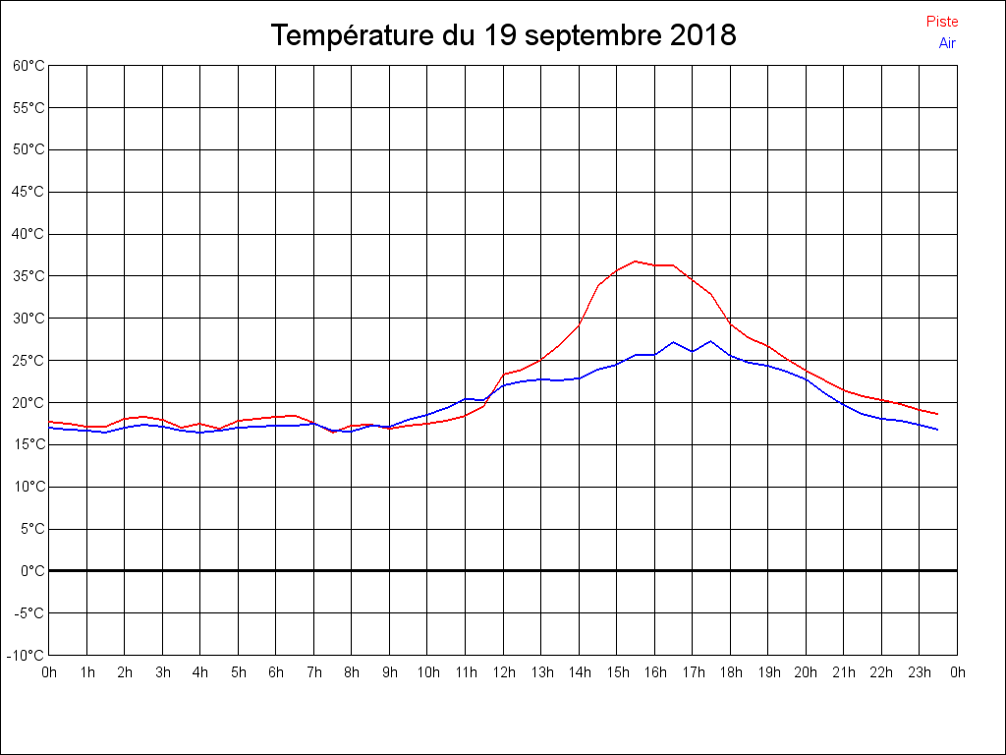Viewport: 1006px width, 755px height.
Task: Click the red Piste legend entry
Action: click(941, 22)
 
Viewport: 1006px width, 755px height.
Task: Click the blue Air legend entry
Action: click(947, 43)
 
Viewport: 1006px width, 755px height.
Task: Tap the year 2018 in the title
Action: click(703, 35)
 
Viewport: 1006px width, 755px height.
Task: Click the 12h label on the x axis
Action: click(503, 672)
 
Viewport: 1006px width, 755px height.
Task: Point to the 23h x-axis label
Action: click(920, 672)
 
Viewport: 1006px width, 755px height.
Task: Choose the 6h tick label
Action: click(276, 672)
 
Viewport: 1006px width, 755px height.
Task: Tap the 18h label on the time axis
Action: click(730, 672)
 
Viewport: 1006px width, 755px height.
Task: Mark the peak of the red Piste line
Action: click(636, 261)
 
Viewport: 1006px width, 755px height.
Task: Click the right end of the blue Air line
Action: click(938, 430)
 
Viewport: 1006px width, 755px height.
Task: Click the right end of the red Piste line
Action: click(938, 414)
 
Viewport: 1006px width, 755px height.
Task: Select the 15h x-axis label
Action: click(617, 672)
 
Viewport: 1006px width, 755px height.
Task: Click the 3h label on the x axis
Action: click(162, 672)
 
